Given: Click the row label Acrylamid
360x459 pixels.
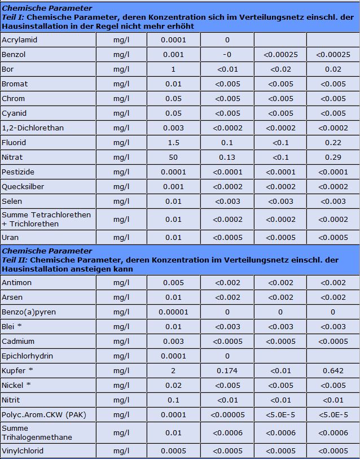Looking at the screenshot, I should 19,40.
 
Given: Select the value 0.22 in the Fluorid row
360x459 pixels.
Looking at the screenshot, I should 333,143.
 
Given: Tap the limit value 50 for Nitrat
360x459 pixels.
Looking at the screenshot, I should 173,158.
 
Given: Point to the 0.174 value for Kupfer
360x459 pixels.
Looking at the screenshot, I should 227,371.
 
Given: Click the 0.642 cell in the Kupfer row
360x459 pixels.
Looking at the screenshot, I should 333,371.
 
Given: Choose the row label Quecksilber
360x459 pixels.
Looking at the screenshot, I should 23,187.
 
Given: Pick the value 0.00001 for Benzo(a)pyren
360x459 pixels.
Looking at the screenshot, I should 173,312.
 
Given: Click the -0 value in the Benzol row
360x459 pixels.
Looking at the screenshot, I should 227,55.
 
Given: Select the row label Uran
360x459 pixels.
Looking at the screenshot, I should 10,238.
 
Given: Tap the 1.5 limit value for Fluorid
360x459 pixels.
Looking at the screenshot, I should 173,143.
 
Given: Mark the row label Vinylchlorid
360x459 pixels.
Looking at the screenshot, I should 23,451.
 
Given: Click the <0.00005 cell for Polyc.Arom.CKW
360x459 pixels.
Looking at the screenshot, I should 227,415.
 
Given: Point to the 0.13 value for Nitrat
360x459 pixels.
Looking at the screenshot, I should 227,158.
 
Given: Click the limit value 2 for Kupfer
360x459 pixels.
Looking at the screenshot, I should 173,371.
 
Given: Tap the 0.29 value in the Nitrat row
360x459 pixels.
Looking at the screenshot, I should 333,158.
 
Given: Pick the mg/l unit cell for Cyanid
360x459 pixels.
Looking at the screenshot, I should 121,113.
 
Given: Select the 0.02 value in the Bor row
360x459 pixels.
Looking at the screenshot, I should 333,69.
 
